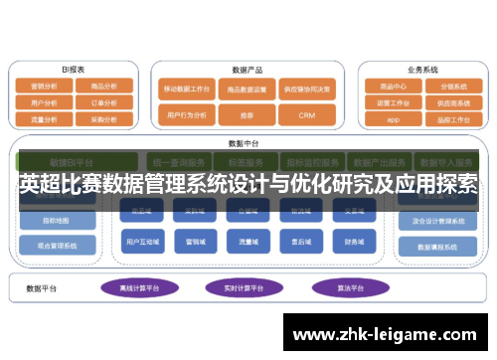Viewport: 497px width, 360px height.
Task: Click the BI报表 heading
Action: click(x=73, y=70)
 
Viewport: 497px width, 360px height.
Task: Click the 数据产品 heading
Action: click(x=247, y=71)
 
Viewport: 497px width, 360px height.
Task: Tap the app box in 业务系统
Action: click(x=393, y=118)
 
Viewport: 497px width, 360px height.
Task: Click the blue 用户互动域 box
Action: click(x=139, y=241)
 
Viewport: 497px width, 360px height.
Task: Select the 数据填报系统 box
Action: click(x=437, y=247)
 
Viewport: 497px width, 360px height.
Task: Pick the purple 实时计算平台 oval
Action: click(x=242, y=286)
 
